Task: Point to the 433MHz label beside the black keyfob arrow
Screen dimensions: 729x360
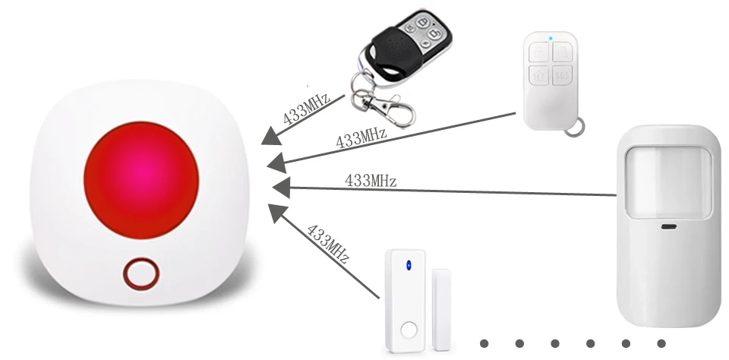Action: point(306,107)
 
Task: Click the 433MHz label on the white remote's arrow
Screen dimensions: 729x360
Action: point(361,138)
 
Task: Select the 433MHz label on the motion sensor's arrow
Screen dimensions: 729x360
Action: point(371,180)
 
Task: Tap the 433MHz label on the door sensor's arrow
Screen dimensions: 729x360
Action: point(327,243)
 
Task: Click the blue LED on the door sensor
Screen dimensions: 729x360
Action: point(409,265)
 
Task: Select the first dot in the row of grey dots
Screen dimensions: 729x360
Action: point(484,343)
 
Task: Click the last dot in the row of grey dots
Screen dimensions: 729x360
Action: point(661,343)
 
